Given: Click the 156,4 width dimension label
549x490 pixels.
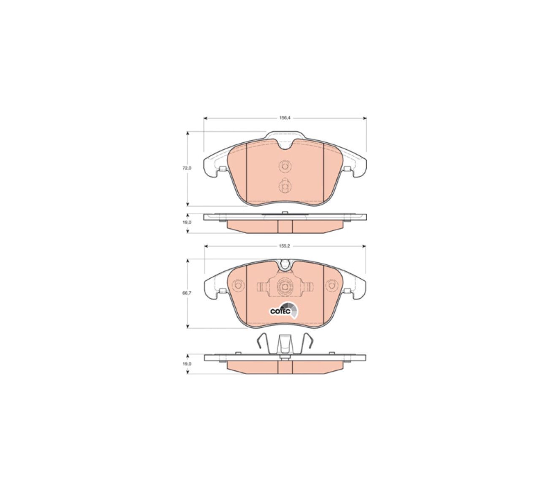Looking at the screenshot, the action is click(x=285, y=118).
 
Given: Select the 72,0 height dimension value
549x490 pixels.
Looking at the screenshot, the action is click(x=187, y=168).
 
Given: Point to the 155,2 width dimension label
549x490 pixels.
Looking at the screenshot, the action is click(x=285, y=246).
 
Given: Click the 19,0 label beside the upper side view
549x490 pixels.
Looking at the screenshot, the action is click(x=187, y=222).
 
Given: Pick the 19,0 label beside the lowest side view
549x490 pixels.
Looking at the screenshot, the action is click(x=187, y=364).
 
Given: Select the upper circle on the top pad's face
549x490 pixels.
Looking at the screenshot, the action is click(x=285, y=166).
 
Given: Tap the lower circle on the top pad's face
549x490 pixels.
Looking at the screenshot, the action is click(x=285, y=185).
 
